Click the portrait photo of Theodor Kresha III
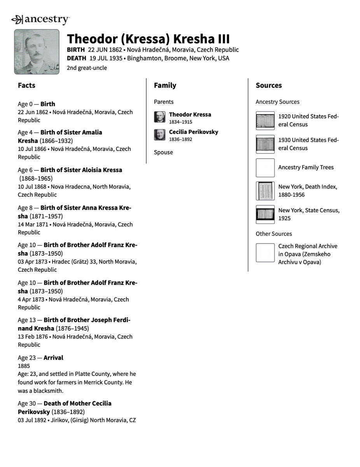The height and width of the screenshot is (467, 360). coord(37,52)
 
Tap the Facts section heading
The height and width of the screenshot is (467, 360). coord(26,85)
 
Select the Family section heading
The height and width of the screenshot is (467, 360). coord(165,85)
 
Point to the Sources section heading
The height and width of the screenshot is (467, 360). coord(269,85)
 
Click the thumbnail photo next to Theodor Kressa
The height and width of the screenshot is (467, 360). coord(159,117)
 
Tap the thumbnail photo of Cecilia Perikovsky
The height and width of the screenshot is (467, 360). coord(159,135)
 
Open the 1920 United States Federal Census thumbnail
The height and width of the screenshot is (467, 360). coord(265,121)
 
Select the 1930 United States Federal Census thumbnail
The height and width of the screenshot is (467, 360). coord(265,144)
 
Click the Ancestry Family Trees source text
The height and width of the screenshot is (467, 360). coord(306,167)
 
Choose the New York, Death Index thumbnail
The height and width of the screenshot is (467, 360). coord(265,191)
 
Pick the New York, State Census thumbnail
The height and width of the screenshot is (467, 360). coord(265,214)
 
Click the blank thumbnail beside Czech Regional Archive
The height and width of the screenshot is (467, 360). coord(265,253)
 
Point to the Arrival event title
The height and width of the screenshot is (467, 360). coord(53,358)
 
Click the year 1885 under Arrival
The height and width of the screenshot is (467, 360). coord(24,366)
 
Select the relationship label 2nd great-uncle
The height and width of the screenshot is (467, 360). coord(87,68)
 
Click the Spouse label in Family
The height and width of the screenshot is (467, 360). coord(163,152)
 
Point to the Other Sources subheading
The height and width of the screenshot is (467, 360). coord(274,233)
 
